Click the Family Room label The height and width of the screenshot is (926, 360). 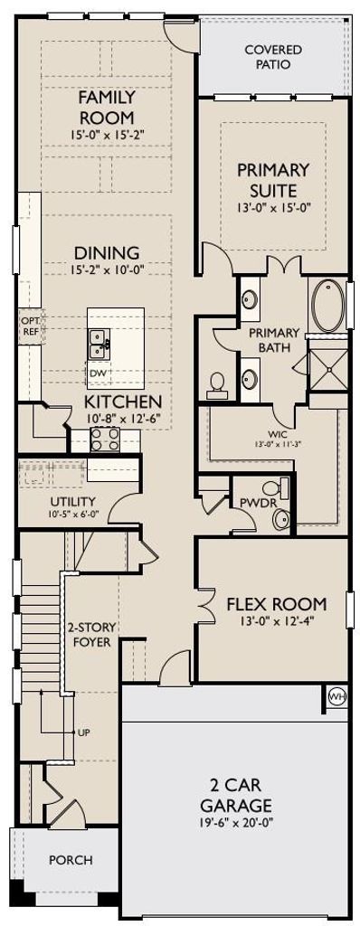(x=107, y=107)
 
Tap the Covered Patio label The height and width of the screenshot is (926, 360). (x=273, y=57)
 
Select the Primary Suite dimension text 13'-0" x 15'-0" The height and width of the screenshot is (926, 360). (x=273, y=207)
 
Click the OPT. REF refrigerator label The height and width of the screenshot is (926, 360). (x=30, y=326)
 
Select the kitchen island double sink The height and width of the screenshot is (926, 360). (x=99, y=344)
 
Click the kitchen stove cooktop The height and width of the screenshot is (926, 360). (x=105, y=439)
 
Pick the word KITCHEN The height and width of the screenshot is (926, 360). (x=123, y=402)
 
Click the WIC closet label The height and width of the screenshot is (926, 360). (x=273, y=439)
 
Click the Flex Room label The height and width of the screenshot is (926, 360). (x=277, y=604)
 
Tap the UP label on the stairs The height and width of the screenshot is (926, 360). (x=84, y=732)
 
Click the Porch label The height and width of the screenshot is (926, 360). (x=71, y=860)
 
